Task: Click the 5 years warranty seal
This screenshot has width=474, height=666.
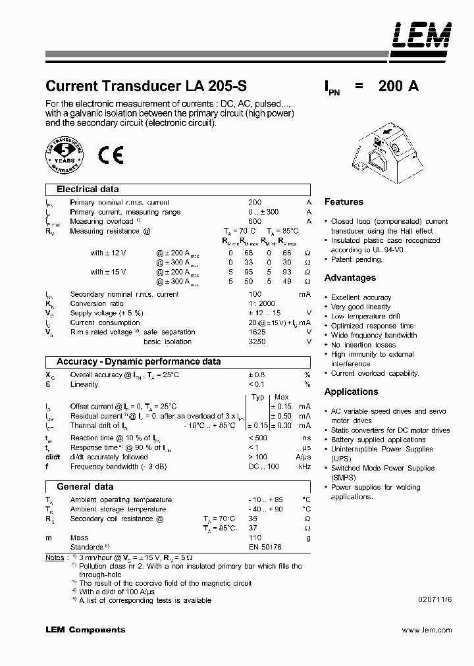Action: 65,155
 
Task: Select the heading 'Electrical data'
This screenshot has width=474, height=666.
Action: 88,189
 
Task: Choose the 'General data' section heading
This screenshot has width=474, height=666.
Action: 85,486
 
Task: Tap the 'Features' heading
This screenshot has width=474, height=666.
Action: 344,202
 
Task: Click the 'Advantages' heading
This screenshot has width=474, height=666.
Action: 350,278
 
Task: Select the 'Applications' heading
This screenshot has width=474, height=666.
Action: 351,392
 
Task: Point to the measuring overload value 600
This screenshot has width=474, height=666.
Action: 255,222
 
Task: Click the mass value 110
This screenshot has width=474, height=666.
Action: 255,538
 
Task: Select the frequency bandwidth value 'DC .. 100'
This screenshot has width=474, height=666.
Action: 263,466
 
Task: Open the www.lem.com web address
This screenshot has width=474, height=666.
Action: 427,630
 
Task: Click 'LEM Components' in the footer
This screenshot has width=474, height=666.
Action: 85,630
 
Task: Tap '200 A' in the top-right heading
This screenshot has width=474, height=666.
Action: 399,86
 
